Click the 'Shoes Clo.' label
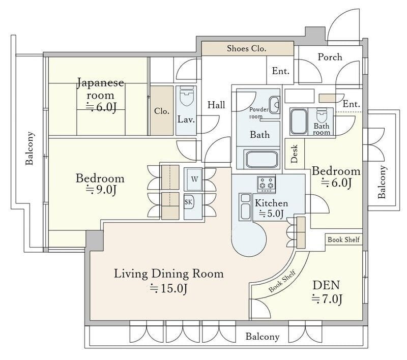point(246,48)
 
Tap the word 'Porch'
point(330,57)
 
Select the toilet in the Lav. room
point(186,96)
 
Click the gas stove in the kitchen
point(266,184)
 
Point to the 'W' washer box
point(194,179)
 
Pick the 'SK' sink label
point(188,202)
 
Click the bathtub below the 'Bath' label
point(261,159)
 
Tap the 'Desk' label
point(295,154)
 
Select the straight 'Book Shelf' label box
point(344,239)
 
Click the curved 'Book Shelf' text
point(282,281)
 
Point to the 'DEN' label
point(326,285)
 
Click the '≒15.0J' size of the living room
point(168,288)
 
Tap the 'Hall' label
point(216,105)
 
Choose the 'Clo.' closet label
point(161,111)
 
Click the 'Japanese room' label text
point(100,88)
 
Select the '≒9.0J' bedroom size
point(101,190)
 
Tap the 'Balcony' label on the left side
point(30,148)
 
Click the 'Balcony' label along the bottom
point(263,337)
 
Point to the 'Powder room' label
point(258,113)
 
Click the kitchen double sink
point(245,207)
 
